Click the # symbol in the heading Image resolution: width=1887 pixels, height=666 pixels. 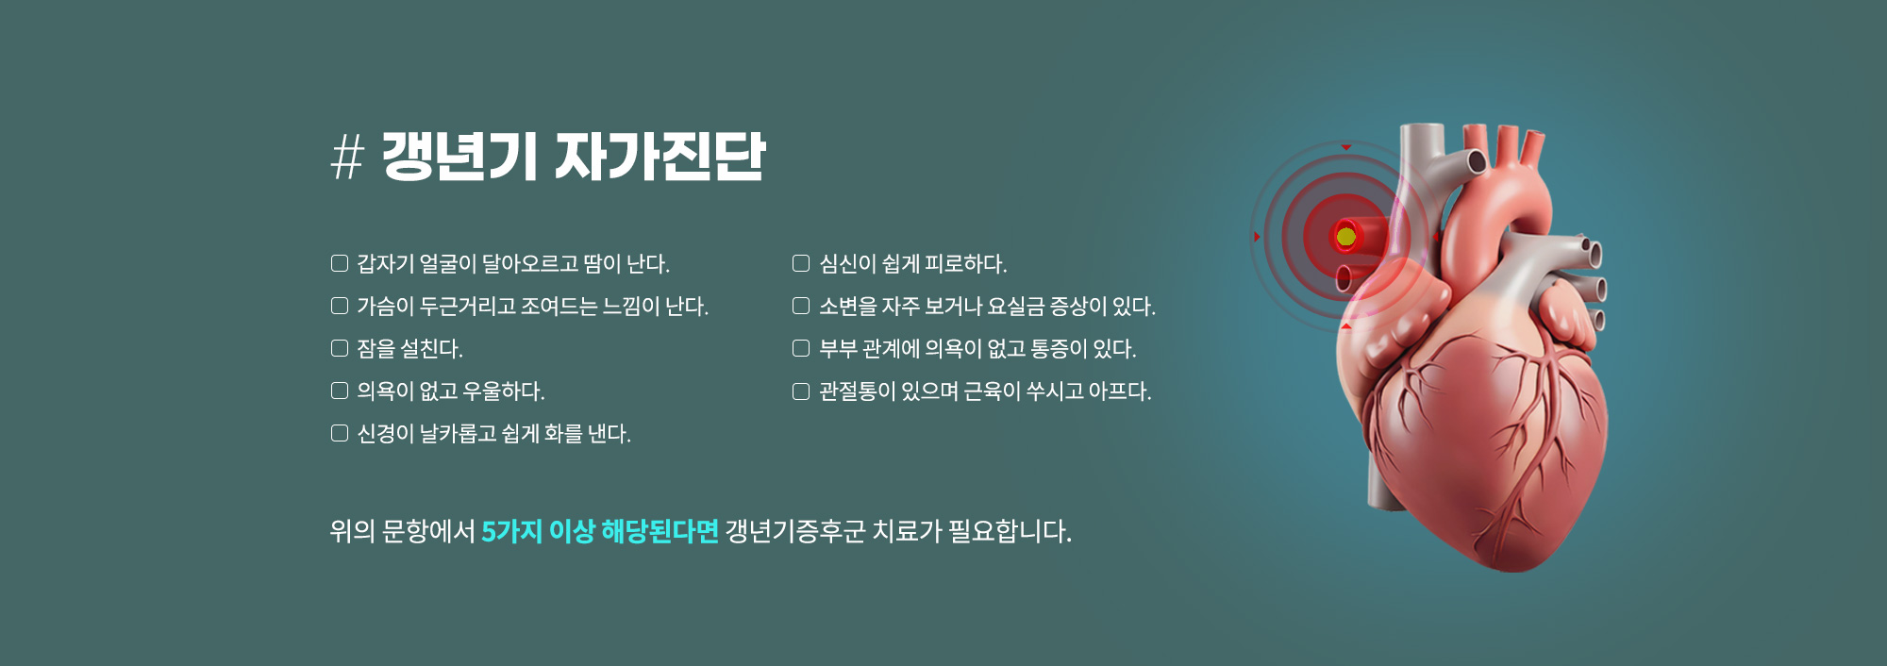[347, 157]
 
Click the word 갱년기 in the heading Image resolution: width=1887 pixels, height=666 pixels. [459, 157]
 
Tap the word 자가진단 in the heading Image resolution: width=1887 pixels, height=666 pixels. [660, 157]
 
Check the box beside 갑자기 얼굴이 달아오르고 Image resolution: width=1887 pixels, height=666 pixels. [340, 263]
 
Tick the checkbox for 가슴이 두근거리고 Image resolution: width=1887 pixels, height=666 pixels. [340, 306]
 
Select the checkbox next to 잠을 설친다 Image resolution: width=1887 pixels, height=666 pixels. [340, 348]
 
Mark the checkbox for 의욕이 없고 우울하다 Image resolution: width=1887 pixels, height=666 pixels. [340, 391]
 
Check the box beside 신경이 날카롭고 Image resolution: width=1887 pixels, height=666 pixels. [340, 433]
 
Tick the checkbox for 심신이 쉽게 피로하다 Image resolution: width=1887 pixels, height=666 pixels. [801, 263]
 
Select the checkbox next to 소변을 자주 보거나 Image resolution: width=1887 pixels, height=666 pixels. [801, 306]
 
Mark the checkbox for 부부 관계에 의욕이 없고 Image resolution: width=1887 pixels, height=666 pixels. [801, 348]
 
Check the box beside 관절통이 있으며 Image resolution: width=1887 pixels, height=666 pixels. [801, 391]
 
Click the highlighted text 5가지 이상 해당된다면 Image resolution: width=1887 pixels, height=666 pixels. [600, 531]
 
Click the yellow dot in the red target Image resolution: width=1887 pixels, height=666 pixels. [1346, 236]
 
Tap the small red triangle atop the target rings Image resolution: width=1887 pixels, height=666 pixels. [1346, 147]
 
